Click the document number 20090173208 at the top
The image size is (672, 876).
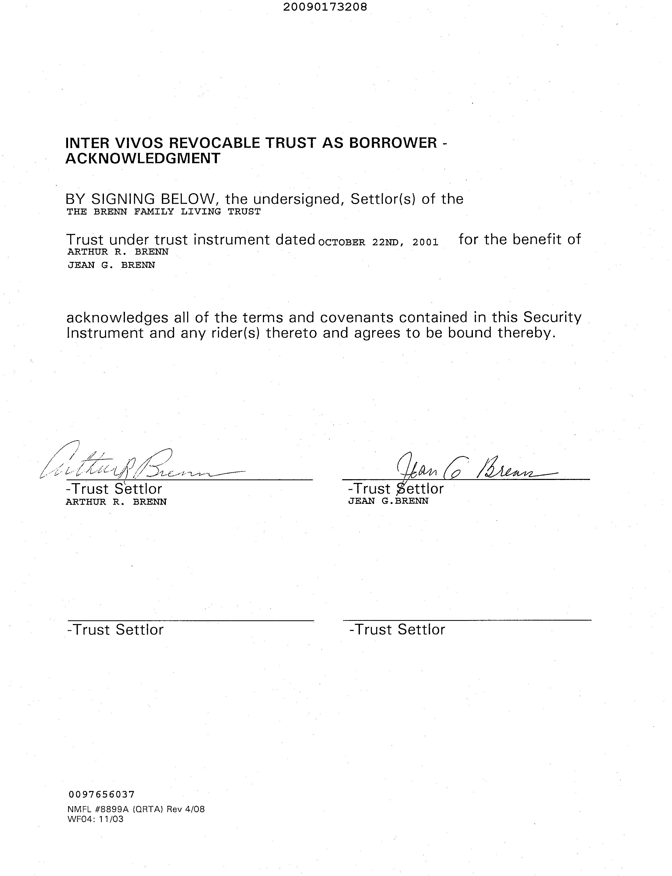click(x=325, y=7)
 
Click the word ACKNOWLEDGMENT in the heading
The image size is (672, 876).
click(x=143, y=158)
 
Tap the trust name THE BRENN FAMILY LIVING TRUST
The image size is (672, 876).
click(x=163, y=212)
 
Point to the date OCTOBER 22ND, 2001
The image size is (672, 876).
click(x=378, y=242)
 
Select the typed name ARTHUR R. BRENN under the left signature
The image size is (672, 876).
click(x=116, y=502)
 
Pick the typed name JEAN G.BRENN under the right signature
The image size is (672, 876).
click(x=388, y=501)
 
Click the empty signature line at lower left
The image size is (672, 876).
click(x=190, y=621)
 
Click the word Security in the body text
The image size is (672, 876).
click(x=552, y=317)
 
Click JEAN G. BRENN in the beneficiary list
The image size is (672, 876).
click(x=111, y=265)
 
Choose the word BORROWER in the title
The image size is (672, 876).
click(x=393, y=143)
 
